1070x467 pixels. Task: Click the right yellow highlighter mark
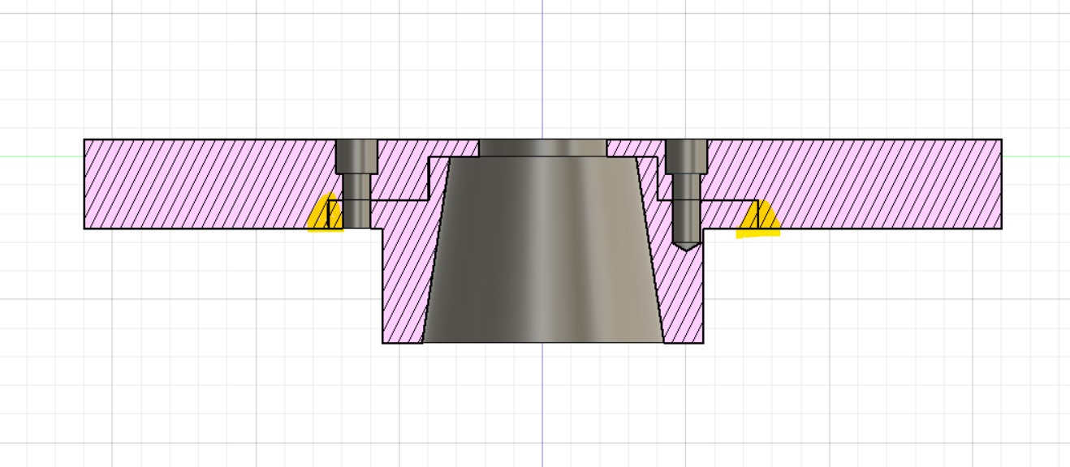click(x=758, y=221)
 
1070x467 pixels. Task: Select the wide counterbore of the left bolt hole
click(x=356, y=156)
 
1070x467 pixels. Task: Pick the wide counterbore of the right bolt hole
click(x=686, y=156)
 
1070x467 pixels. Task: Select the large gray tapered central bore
click(x=542, y=251)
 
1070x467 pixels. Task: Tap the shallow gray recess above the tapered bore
click(x=542, y=148)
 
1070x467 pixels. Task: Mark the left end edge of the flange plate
click(x=84, y=184)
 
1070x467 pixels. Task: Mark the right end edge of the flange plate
click(x=1001, y=184)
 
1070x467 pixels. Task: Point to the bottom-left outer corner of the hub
click(x=383, y=342)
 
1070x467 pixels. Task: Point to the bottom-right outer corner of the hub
click(x=703, y=342)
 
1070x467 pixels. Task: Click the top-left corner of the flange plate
click(x=84, y=139)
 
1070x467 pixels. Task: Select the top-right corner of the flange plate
click(x=1001, y=139)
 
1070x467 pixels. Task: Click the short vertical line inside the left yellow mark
click(x=327, y=215)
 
